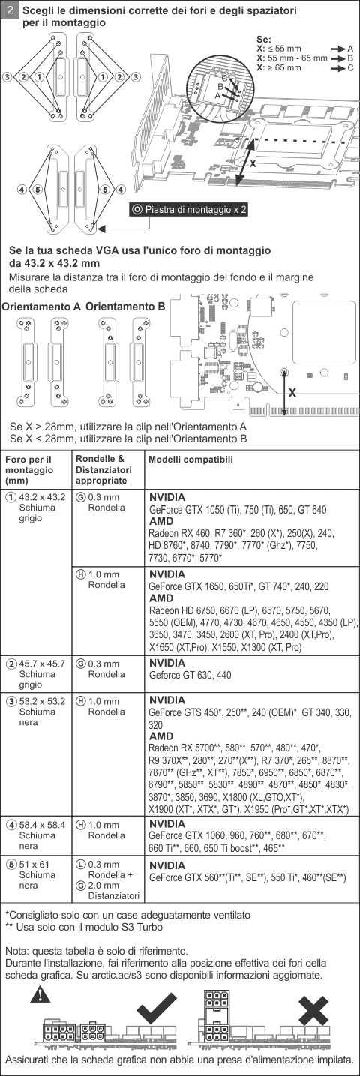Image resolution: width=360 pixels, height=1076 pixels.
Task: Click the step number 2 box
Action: point(10,10)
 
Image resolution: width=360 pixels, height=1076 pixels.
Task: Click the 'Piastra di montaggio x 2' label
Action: point(189,209)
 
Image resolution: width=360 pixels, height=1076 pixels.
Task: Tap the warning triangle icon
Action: point(40,994)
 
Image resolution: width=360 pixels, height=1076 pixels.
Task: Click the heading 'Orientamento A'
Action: point(41,307)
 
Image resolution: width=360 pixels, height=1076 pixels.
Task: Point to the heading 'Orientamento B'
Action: point(125,307)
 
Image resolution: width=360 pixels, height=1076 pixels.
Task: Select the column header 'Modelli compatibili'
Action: point(190,459)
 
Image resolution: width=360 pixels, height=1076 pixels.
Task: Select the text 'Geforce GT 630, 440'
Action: point(190,675)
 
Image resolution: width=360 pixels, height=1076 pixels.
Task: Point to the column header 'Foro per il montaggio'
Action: point(29,470)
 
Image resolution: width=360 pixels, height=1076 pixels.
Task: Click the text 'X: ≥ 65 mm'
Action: point(279,67)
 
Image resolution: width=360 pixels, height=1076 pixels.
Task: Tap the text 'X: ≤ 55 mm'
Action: point(279,49)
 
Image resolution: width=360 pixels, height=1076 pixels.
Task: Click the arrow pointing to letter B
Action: point(339,58)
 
